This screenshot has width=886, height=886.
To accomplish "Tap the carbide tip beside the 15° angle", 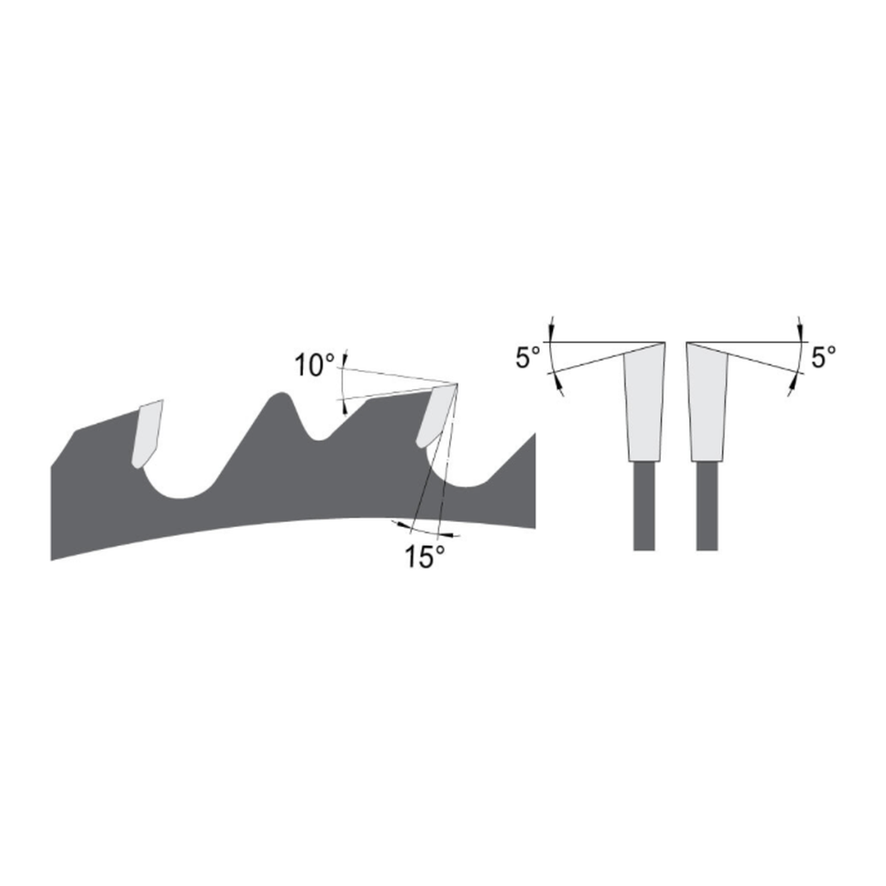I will (x=434, y=416).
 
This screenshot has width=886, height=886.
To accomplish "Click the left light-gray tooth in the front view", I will (x=644, y=403).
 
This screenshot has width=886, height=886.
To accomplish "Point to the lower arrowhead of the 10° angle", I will (x=344, y=406).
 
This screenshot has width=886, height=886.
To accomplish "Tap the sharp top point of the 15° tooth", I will (x=457, y=384).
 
